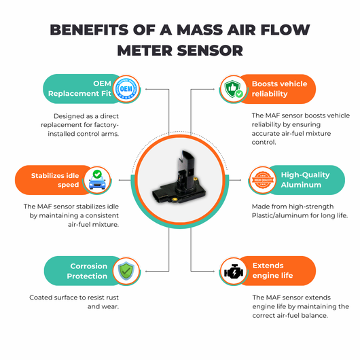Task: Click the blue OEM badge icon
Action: pyautogui.click(x=126, y=88)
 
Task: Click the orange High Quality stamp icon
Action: pyautogui.click(x=263, y=180)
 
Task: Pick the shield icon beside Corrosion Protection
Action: pyautogui.click(x=126, y=271)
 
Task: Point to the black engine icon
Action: pyautogui.click(x=234, y=272)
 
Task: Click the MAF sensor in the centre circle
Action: pyautogui.click(x=179, y=178)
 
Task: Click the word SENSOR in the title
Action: pyautogui.click(x=210, y=50)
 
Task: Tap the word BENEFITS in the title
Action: pyautogui.click(x=89, y=30)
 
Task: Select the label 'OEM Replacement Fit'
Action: pyautogui.click(x=79, y=88)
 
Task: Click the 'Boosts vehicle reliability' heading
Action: pyautogui.click(x=279, y=89)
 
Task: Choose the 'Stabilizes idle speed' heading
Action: pyautogui.click(x=55, y=180)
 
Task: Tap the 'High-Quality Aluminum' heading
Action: pyautogui.click(x=306, y=180)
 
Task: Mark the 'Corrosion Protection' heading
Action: pyautogui.click(x=87, y=271)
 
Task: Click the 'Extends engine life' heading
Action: pyautogui.click(x=272, y=270)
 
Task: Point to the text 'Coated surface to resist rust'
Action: pyautogui.click(x=74, y=298)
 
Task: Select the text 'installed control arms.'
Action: pyautogui.click(x=84, y=134)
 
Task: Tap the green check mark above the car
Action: pyautogui.click(x=97, y=174)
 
